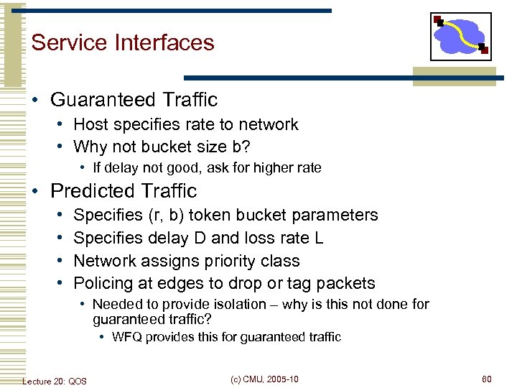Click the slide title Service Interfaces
pyautogui.click(x=123, y=42)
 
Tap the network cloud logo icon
pyautogui.click(x=460, y=37)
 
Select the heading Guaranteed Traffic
pyautogui.click(x=134, y=99)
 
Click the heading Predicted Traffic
pyautogui.click(x=123, y=191)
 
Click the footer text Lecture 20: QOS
pyautogui.click(x=55, y=380)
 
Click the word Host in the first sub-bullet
pyautogui.click(x=90, y=124)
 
